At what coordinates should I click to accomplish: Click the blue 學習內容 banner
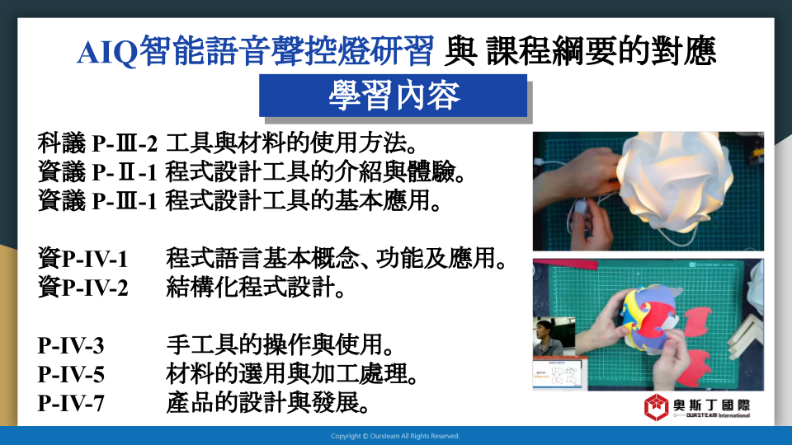(393, 96)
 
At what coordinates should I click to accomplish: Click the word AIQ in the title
(107, 52)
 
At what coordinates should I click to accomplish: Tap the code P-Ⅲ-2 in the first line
(125, 143)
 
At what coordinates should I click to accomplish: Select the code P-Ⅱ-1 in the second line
(125, 172)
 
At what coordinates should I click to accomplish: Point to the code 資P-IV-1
(82, 259)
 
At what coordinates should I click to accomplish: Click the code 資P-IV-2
(82, 288)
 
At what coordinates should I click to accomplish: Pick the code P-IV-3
(71, 346)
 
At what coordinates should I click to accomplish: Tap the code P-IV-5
(71, 375)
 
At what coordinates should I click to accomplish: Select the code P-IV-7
(71, 404)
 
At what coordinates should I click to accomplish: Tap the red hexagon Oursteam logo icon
(656, 407)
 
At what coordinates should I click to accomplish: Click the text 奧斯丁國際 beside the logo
(711, 405)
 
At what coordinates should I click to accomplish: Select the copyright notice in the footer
(395, 436)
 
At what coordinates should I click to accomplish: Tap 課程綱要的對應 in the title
(601, 51)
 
